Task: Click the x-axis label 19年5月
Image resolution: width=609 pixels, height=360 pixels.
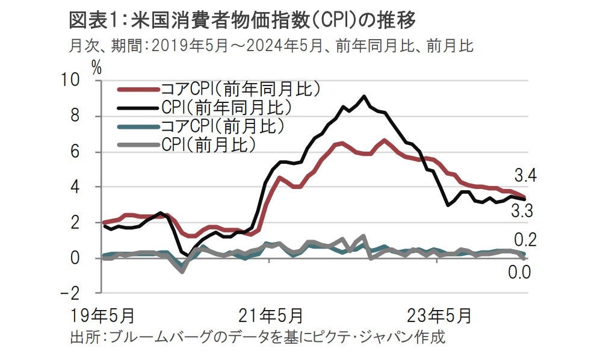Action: (102, 315)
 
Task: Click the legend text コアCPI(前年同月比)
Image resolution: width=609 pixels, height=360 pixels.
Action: (240, 89)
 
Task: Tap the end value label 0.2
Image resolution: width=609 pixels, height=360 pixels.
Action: (525, 241)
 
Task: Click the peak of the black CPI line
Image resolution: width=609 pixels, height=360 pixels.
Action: (363, 96)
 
